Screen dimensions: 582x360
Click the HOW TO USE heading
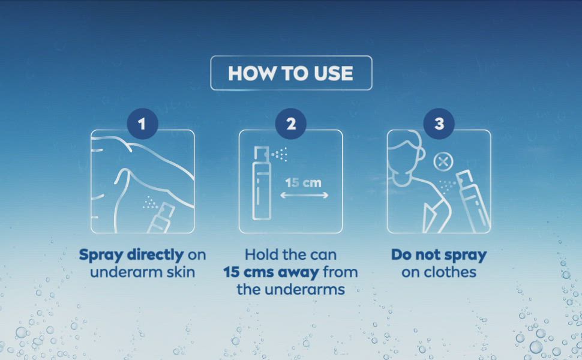(290, 73)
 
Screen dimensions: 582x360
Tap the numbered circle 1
(142, 124)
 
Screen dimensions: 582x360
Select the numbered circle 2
(290, 124)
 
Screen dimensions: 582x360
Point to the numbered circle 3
(439, 124)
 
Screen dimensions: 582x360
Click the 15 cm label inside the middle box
(303, 182)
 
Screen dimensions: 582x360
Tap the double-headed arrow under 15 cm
(304, 195)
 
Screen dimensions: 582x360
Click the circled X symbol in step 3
(443, 162)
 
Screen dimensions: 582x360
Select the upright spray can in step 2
(262, 183)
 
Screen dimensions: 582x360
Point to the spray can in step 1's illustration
(161, 218)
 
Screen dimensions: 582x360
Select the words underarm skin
(143, 272)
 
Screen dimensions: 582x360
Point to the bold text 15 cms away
(271, 272)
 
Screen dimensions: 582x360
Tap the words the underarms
(290, 289)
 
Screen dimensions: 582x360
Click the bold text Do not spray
(439, 254)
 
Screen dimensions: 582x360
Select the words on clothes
(439, 272)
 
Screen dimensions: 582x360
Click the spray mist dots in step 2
(280, 154)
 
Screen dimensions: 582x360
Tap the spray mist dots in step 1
(151, 203)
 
